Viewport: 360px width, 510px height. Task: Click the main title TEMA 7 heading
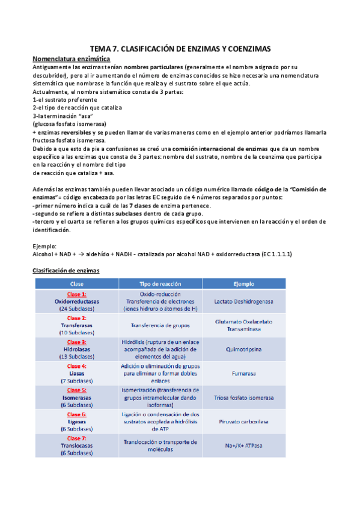[180, 48]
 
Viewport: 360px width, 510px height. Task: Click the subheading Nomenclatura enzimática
[71, 59]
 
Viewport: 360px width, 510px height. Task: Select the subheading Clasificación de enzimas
[66, 271]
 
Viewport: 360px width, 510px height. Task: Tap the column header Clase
[76, 283]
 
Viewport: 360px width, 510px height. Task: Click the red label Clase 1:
[76, 293]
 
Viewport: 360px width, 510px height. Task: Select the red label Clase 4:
[76, 366]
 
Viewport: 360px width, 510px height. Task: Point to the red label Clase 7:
[76, 438]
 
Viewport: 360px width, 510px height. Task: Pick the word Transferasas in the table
[76, 325]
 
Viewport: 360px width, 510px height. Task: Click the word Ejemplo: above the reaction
[44, 246]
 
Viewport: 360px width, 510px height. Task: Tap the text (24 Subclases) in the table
[76, 308]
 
